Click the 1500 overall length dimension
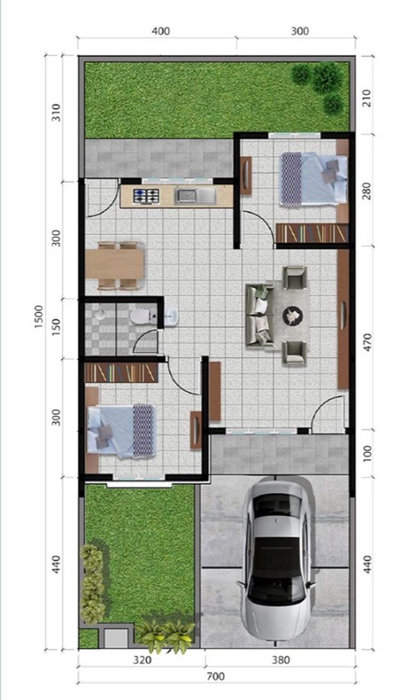[x=38, y=317]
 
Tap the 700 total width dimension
[x=216, y=677]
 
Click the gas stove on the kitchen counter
[x=146, y=196]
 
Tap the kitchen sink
[x=195, y=196]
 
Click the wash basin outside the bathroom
[x=171, y=317]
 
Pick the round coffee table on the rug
[x=293, y=316]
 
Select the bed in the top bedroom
[x=313, y=179]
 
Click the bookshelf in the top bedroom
[x=312, y=233]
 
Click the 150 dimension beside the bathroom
[x=56, y=327]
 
